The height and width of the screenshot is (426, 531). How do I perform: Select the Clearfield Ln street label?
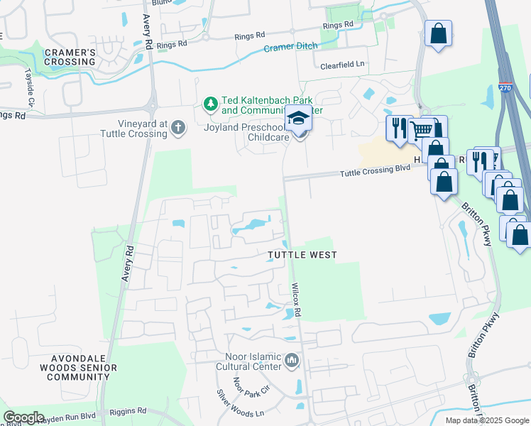coord(340,64)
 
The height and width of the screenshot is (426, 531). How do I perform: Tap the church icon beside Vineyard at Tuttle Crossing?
coord(177,128)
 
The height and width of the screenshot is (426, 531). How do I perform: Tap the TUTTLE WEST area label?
coord(302,254)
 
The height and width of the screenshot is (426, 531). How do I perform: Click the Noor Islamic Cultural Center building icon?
coord(292,362)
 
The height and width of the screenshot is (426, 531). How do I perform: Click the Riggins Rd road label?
coord(128,410)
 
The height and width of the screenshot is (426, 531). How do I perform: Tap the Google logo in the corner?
coord(23,417)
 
